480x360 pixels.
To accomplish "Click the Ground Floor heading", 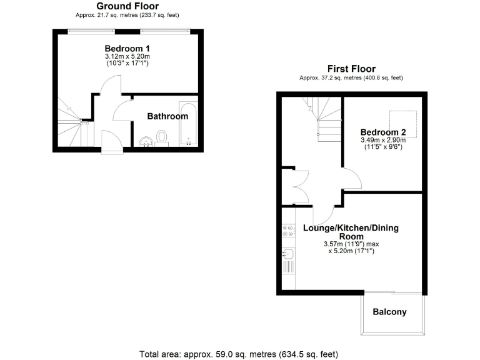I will pos(127,6).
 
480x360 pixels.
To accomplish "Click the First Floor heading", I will pos(351,68).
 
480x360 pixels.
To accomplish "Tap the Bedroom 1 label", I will pos(127,49).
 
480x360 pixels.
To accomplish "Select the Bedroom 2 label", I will pos(383,132).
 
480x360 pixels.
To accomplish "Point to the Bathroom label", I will pos(167,116).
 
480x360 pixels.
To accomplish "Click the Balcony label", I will pos(389,312).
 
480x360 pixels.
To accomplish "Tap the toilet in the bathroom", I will pos(162,137).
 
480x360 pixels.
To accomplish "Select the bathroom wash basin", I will pos(145,142).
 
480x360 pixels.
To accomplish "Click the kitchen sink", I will pos(288,254).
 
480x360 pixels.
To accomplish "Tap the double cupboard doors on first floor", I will pos(299,185).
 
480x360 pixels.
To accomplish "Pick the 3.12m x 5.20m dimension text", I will pos(127,57).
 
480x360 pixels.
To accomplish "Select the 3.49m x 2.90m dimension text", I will pos(381,141).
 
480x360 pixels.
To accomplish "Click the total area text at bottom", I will pos(238,354).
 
